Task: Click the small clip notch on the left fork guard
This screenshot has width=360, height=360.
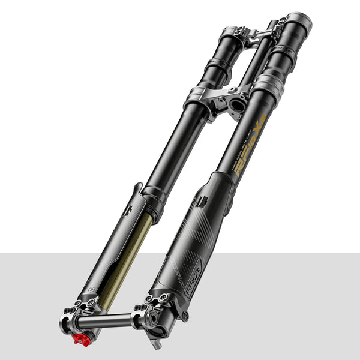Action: click(x=128, y=209)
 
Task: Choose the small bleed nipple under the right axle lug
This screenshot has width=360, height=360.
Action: click(x=157, y=344)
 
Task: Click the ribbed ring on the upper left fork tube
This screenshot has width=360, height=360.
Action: click(x=218, y=65)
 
